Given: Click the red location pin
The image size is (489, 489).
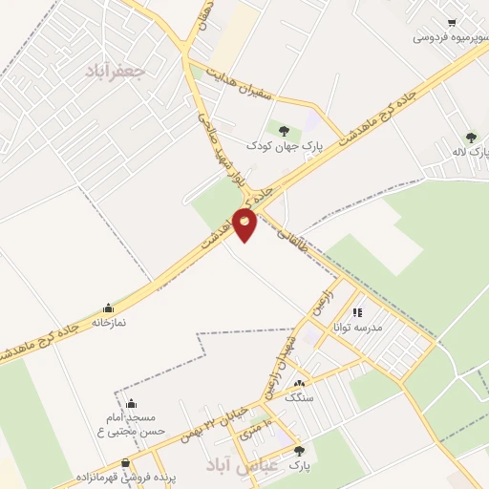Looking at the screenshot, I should [245, 225].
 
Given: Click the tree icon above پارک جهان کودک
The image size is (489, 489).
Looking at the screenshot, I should [282, 130].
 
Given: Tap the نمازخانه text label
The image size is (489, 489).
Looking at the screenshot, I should [108, 322].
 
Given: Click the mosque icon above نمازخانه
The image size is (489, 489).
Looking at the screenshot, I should [108, 308].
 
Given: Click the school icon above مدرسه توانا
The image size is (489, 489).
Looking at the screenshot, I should [357, 312].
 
